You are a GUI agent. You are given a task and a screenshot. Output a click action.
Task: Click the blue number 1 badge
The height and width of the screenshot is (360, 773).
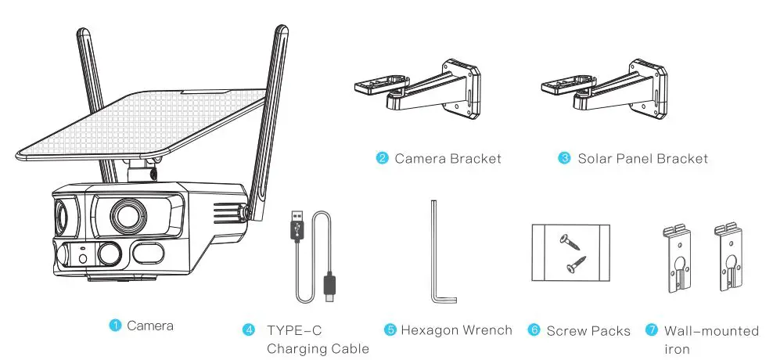click(114, 325)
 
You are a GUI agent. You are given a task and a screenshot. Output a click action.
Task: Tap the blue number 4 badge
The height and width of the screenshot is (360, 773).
click(249, 330)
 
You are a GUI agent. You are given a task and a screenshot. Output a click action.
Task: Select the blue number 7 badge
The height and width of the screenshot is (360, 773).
click(652, 330)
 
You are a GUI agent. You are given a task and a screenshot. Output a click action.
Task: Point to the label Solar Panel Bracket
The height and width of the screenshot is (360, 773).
click(642, 159)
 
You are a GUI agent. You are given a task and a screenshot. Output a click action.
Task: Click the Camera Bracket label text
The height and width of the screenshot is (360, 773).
click(448, 159)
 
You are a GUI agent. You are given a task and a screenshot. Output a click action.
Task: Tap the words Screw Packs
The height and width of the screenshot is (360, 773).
click(588, 331)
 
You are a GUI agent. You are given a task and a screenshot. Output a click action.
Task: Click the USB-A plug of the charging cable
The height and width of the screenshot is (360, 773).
click(298, 226)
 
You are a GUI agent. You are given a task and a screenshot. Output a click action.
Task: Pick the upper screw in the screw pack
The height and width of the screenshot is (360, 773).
click(570, 242)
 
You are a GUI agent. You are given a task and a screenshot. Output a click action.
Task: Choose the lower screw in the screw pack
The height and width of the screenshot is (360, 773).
click(576, 264)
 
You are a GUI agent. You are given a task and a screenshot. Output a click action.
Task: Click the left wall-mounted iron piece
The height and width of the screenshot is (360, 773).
click(678, 258)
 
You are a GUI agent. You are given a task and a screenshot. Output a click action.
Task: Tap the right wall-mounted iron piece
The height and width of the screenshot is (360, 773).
click(729, 257)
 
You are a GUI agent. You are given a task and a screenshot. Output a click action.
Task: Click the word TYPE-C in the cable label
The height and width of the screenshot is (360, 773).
click(294, 330)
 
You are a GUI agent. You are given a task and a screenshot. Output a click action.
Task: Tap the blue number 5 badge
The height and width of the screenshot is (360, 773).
click(390, 330)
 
